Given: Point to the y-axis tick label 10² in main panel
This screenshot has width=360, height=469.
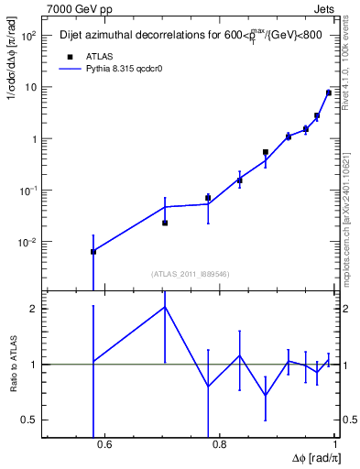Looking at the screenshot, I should click(x=29, y=36).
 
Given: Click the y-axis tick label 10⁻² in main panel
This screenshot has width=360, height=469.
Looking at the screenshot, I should click(x=27, y=242).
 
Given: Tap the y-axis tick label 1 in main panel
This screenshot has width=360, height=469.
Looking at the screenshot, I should click(x=35, y=139).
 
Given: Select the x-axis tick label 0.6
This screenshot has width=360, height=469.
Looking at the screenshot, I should click(x=103, y=446).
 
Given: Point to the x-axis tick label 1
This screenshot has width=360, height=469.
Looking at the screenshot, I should click(x=335, y=446).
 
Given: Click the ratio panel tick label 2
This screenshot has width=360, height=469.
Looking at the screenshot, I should click(x=36, y=309).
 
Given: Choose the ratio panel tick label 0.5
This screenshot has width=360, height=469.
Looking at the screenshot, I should click(x=31, y=420).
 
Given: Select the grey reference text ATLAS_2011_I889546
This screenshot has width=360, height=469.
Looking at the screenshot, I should click(x=190, y=274).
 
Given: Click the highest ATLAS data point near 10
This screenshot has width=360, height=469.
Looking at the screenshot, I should click(x=329, y=93).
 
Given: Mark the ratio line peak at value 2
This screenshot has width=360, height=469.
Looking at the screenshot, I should click(x=165, y=307).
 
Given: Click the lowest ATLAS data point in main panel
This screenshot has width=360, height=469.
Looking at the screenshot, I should click(x=93, y=251).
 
